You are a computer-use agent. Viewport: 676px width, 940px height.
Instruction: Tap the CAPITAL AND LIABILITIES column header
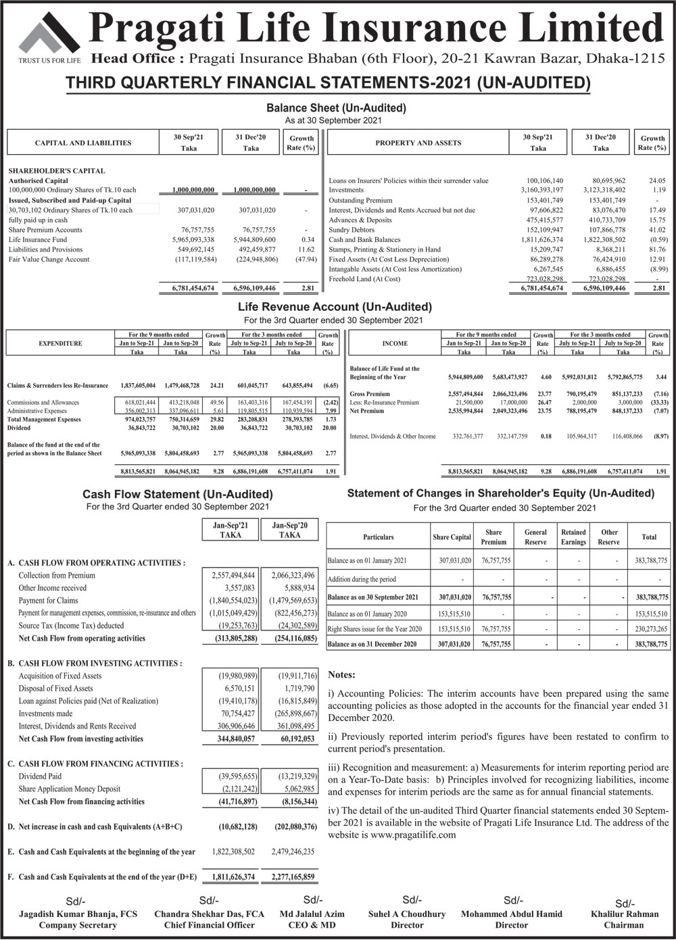point(83,143)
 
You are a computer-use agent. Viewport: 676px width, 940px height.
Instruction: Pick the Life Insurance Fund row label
point(38,240)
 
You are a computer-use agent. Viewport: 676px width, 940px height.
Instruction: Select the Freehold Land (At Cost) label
point(364,279)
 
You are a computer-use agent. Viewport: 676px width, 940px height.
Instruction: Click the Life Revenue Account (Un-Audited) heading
point(335,307)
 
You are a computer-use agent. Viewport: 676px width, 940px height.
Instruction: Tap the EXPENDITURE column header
point(60,343)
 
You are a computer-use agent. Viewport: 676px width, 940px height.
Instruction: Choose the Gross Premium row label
point(370,394)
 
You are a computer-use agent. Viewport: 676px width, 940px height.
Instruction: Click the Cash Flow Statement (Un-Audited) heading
point(178,495)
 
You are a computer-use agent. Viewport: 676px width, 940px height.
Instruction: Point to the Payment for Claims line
point(48,600)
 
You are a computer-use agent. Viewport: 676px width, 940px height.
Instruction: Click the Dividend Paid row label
point(40,776)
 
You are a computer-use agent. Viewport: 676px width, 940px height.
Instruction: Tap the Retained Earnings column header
point(573,537)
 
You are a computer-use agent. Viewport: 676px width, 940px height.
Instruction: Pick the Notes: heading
point(341,674)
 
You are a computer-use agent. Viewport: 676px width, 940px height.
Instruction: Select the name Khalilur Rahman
point(624,914)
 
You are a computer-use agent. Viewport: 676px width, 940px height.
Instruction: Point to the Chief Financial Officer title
point(209,925)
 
